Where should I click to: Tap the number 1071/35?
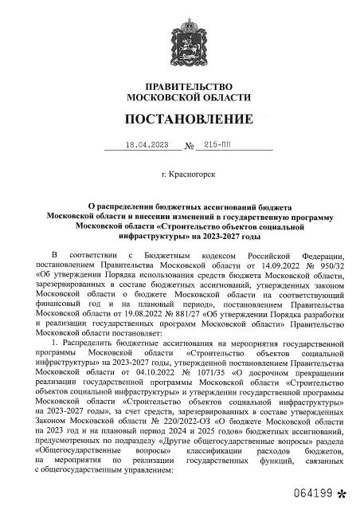tap(170, 371)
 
